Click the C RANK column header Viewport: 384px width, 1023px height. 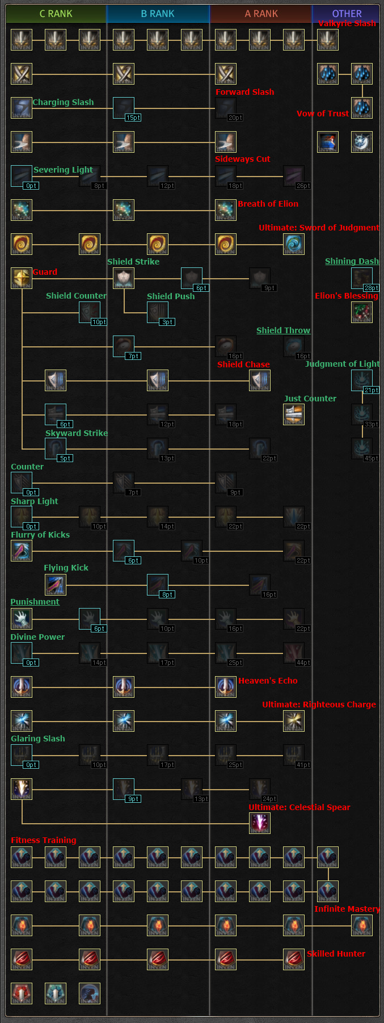56,14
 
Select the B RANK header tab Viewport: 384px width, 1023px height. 158,14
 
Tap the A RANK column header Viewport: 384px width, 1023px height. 261,14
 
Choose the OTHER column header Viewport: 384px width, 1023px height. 347,14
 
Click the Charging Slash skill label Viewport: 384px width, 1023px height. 63,102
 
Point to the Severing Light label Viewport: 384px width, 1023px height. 63,170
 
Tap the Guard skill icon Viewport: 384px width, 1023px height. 22,278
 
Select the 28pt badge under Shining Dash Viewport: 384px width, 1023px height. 371,288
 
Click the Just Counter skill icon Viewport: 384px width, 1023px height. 294,414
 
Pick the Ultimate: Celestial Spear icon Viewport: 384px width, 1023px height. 260,823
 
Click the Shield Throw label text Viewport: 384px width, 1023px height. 283,330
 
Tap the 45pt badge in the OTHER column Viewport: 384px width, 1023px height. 371,458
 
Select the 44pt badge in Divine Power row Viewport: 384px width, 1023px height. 303,663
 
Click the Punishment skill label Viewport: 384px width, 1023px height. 35,602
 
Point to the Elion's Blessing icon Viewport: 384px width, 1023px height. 362,312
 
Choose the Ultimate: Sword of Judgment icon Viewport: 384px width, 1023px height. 294,244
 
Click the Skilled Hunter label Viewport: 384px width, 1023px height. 336,954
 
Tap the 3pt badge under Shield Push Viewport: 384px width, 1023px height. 167,322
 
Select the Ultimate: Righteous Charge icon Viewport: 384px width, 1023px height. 294,721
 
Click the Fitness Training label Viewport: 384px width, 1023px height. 44,840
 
